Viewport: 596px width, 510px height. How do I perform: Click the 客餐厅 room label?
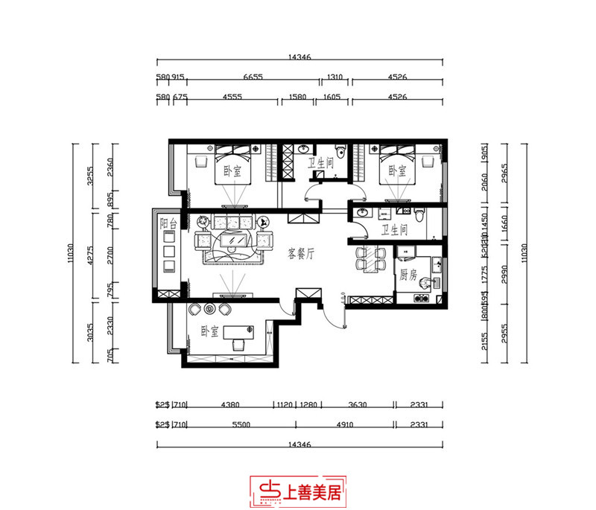click(302, 254)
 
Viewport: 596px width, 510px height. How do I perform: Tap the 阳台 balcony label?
click(168, 223)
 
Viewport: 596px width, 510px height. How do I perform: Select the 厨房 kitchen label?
click(408, 275)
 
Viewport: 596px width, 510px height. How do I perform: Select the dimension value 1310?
click(335, 77)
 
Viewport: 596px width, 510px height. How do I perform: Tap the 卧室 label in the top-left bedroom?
click(232, 171)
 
